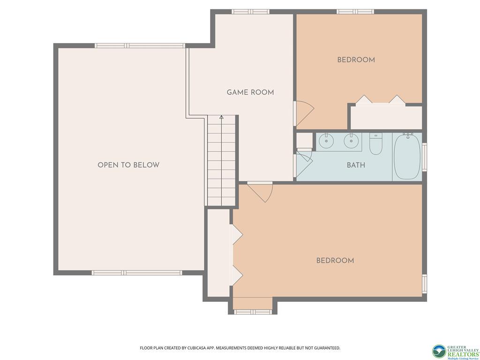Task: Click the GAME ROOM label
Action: coord(250,92)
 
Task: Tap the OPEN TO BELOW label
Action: coord(128,165)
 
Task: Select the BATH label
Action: coord(356,165)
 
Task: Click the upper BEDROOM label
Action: coord(356,60)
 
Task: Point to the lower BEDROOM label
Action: coord(335,261)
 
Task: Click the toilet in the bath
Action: coord(376,143)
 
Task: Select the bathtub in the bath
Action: coord(407,157)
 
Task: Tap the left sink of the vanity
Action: coord(326,141)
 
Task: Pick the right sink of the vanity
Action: coord(351,141)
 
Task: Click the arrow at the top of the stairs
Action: coord(221,117)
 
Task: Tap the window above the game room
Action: coord(250,12)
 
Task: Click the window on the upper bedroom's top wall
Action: coord(355,12)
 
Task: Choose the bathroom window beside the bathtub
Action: coord(424,157)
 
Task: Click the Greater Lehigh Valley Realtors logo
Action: coord(456,352)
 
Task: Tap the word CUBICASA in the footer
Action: coord(200,348)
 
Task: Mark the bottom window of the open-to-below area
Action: coord(137,273)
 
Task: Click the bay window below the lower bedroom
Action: coord(253,312)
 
